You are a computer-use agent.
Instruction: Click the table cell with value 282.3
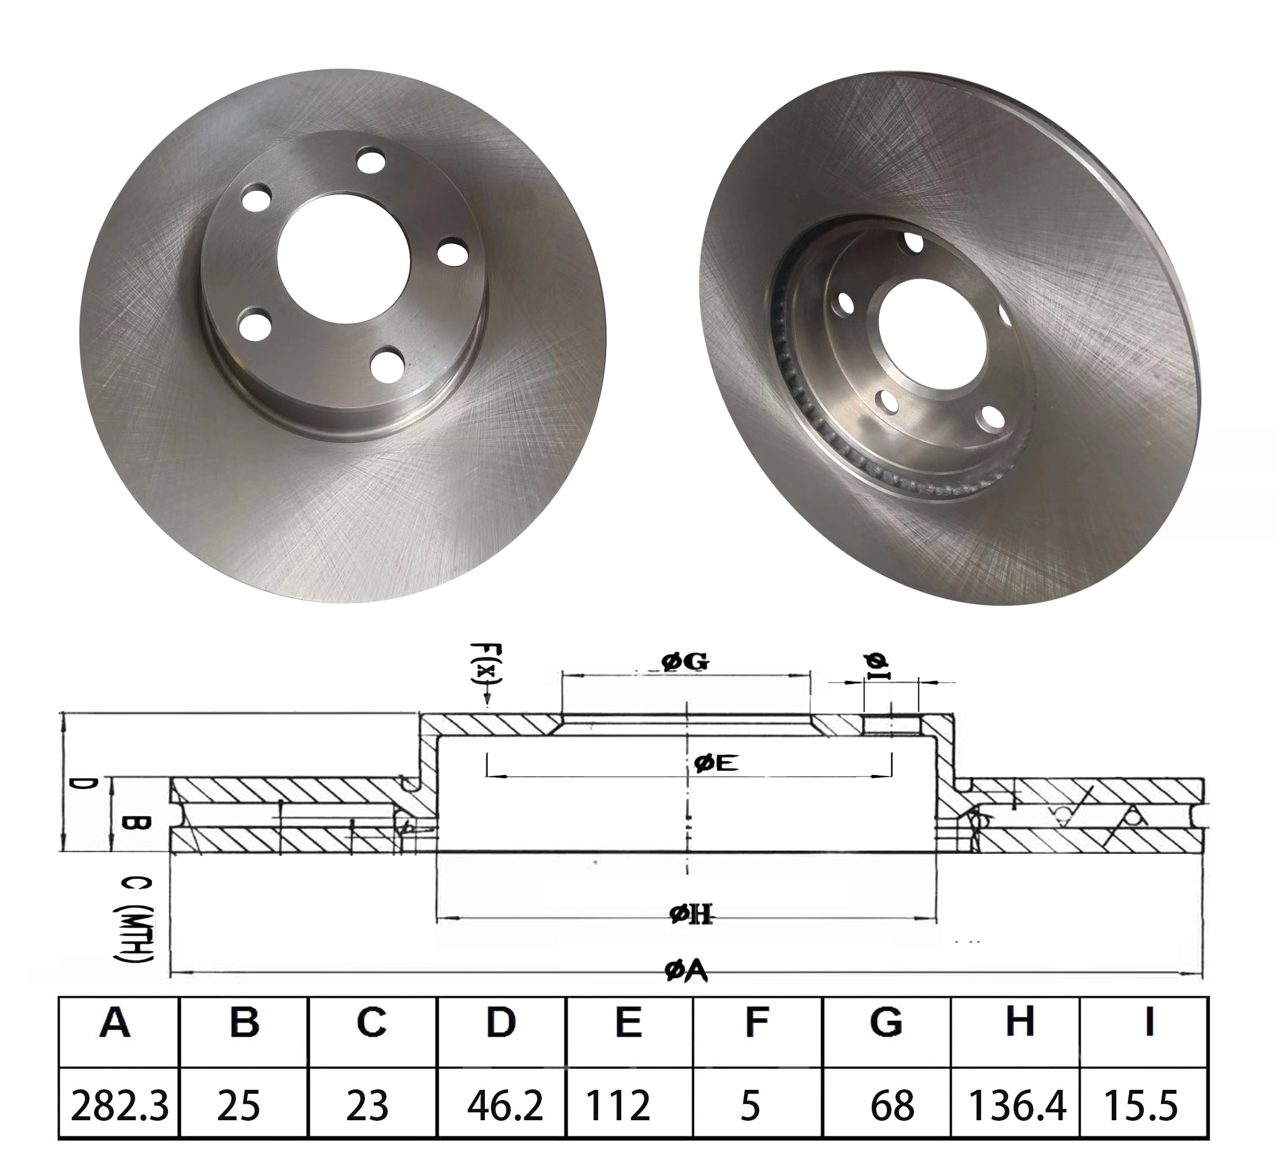[119, 1105]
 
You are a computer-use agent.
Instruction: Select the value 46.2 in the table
[505, 1105]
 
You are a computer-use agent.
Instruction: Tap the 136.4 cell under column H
[1017, 1105]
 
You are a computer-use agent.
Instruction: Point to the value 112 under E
[618, 1105]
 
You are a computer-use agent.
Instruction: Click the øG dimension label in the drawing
[685, 662]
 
